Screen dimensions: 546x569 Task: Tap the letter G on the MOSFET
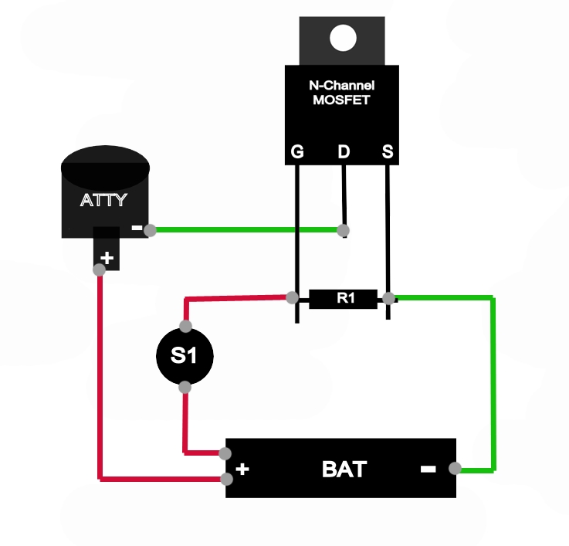[x=297, y=152]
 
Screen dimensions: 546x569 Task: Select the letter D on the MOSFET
[x=343, y=152]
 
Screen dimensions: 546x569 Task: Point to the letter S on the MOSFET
[x=388, y=152]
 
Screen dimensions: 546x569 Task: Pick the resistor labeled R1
[x=342, y=298]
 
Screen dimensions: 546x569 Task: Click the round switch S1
[x=185, y=356]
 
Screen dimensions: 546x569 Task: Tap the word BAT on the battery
[x=344, y=469]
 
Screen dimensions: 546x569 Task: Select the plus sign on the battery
[x=242, y=469]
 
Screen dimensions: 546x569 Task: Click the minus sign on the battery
[x=428, y=469]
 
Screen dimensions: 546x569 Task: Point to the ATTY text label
[x=103, y=202]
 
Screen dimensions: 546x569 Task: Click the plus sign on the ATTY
[x=108, y=258]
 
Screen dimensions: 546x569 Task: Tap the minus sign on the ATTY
[x=137, y=229]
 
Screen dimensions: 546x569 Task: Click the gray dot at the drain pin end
[x=344, y=230]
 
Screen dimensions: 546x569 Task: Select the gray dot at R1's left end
[x=293, y=297]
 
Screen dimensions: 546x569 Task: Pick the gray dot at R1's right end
[x=389, y=298]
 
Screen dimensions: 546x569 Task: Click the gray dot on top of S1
[x=185, y=325]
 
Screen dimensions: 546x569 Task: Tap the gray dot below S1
[x=185, y=387]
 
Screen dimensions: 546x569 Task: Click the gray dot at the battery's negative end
[x=456, y=468]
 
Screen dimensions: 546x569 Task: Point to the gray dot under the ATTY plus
[x=99, y=270]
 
